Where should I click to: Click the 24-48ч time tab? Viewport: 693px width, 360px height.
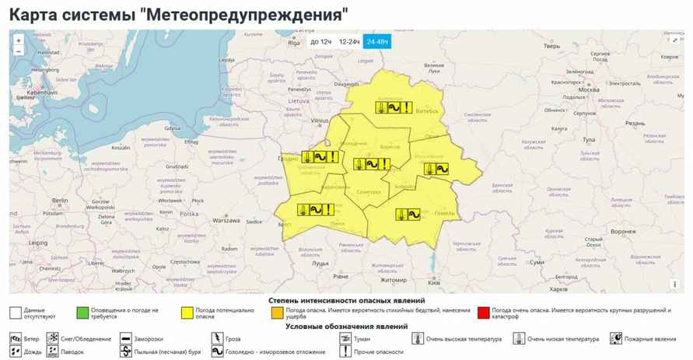click(379, 42)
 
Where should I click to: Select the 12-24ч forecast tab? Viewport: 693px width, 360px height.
click(349, 42)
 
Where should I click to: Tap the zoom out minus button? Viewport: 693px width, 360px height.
click(18, 51)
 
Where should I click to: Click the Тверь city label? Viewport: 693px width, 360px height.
click(551, 46)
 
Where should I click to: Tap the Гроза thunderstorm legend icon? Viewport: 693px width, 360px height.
click(216, 338)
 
